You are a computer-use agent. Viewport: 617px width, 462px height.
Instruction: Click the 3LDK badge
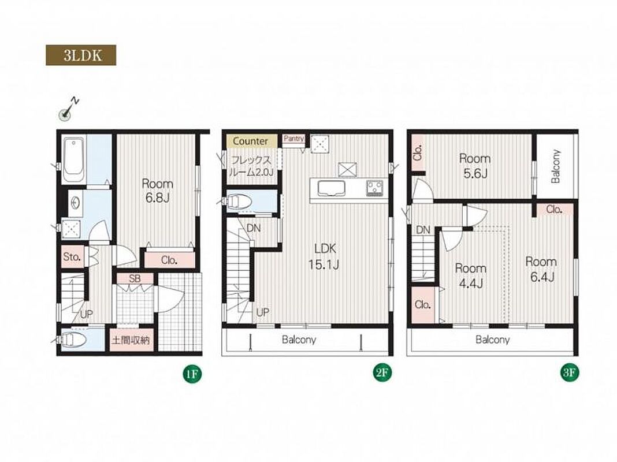(x=81, y=55)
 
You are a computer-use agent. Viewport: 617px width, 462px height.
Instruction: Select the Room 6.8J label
(x=157, y=191)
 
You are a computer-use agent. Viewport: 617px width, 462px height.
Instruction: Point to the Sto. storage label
(x=72, y=257)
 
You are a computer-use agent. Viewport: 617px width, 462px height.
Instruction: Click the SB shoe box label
(x=135, y=278)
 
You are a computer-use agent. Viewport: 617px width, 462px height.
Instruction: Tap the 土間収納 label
(x=131, y=340)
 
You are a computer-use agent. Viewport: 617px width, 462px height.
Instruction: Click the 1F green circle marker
(x=192, y=374)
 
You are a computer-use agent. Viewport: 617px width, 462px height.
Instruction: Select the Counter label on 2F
(x=250, y=141)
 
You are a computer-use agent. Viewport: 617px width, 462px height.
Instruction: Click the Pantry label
(x=293, y=139)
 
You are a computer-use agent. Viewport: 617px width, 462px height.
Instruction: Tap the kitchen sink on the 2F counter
(x=332, y=188)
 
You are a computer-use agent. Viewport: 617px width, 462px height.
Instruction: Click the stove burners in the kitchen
(x=374, y=188)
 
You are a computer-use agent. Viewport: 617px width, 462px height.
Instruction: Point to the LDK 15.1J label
(x=324, y=256)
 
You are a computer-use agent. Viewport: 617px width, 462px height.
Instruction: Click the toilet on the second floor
(x=239, y=202)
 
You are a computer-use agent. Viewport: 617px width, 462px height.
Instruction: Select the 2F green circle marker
(x=382, y=372)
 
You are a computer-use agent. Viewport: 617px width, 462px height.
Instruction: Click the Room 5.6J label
(x=475, y=166)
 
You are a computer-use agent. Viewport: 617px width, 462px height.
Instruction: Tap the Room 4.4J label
(x=471, y=275)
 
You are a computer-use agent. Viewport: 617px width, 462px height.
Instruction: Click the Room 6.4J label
(x=541, y=269)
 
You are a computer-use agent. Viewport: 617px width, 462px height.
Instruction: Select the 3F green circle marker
(x=570, y=372)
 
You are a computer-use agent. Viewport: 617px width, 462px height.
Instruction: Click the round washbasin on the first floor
(x=75, y=203)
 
